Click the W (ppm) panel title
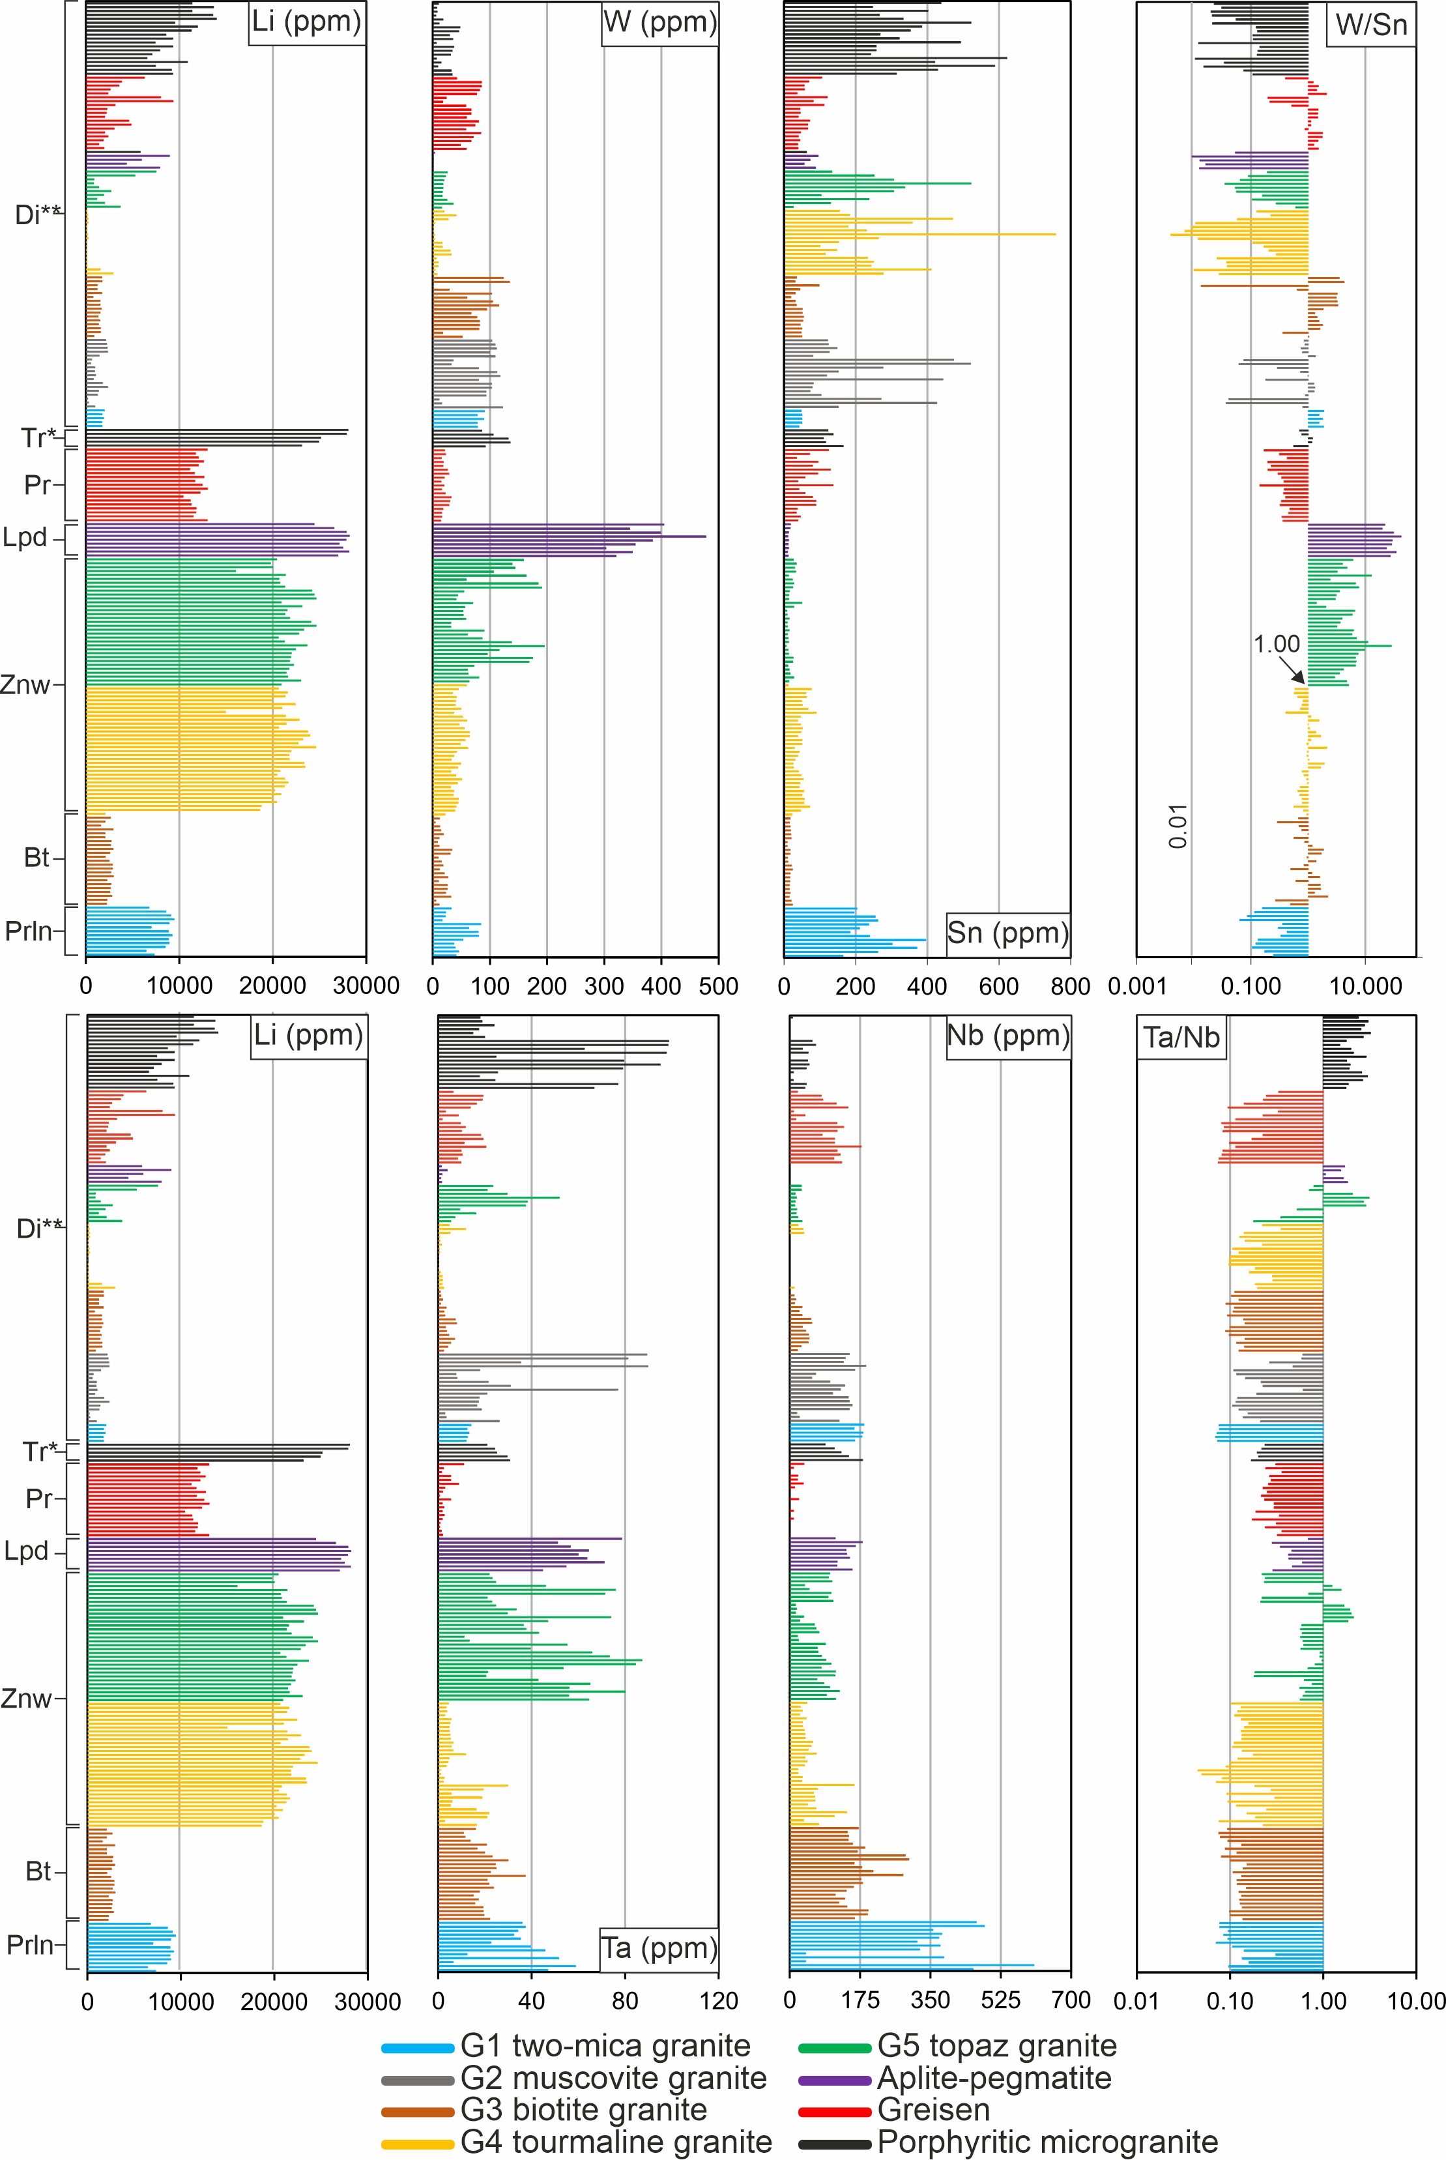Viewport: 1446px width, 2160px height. coord(659,22)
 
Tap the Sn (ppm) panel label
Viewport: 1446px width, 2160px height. coord(1008,933)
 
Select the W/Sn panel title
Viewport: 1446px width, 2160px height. coord(1372,25)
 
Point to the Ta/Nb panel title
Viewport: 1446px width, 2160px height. coord(1182,1038)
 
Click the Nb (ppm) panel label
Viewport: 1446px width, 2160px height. coord(1008,1035)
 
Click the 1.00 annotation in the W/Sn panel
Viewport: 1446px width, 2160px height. coord(1277,644)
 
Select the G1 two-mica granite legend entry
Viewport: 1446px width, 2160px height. coord(566,2046)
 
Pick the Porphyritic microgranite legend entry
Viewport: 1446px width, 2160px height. coord(1008,2142)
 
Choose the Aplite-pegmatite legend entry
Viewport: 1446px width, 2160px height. coord(955,2078)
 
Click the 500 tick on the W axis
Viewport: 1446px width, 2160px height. coord(717,986)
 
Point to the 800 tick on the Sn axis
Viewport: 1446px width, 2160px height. coord(1070,986)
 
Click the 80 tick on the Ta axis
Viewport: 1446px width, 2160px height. coord(624,2000)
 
